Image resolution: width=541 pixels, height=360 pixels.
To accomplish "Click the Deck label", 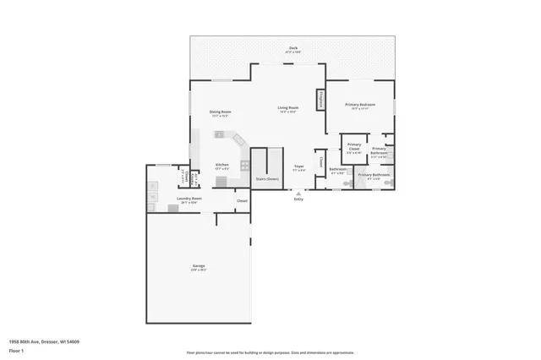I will [x=292, y=47].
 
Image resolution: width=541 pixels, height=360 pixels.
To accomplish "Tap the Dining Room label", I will [x=221, y=112].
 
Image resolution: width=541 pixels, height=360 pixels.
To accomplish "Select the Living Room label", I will [x=288, y=107].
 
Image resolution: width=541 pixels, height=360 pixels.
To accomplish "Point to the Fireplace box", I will [x=320, y=100].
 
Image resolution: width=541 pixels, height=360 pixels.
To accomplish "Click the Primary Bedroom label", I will [x=360, y=105].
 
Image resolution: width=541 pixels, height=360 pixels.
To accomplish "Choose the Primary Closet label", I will [x=354, y=148].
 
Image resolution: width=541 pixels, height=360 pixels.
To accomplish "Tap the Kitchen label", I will [x=221, y=164].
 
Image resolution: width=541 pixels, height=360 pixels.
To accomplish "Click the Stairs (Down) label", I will [x=267, y=179].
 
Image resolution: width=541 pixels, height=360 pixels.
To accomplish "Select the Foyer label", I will [x=298, y=166].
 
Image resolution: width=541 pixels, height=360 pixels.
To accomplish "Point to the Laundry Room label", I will [x=189, y=199].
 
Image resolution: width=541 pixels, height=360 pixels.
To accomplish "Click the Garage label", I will [x=198, y=265].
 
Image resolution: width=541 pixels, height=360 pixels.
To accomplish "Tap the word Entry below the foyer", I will [x=298, y=199].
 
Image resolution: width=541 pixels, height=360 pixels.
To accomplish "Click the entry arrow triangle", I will [x=298, y=193].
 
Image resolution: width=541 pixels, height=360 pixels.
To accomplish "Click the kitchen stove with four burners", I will [x=244, y=164].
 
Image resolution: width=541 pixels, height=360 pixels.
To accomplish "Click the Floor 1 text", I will [x=16, y=350].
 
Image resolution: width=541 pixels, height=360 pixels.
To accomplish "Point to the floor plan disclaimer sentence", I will [x=270, y=352].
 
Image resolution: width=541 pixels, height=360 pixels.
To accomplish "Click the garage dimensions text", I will [x=198, y=270].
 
